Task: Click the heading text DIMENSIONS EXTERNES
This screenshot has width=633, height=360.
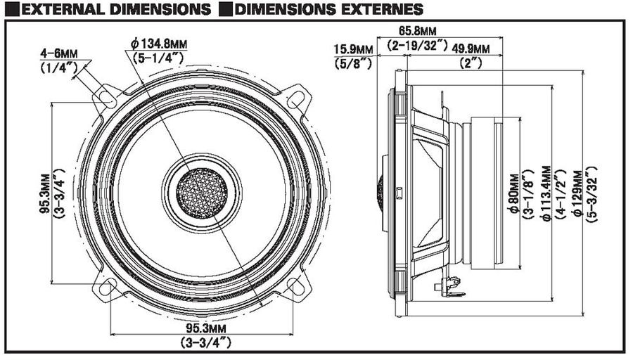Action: [x=329, y=9]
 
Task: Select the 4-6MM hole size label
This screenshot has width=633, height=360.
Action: [x=59, y=53]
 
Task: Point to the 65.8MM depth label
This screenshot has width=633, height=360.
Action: [x=416, y=32]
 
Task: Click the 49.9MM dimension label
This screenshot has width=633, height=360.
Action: [x=471, y=48]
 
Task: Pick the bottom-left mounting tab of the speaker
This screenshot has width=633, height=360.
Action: [x=105, y=288]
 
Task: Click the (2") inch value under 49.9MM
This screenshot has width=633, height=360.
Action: [x=471, y=63]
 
